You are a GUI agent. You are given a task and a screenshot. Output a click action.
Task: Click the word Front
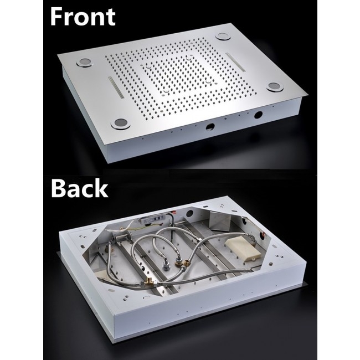83,17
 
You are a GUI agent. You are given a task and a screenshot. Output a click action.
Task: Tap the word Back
79,188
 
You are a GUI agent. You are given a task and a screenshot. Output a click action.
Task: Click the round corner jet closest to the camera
120,124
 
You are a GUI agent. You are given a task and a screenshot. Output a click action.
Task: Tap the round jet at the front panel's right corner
275,87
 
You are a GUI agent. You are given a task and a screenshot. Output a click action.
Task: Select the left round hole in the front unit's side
210,127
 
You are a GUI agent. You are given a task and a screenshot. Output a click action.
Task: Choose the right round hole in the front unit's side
258,115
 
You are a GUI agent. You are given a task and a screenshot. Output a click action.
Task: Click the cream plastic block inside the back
243,250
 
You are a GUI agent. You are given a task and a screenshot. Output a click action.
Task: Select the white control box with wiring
152,220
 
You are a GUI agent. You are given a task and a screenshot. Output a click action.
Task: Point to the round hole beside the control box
189,214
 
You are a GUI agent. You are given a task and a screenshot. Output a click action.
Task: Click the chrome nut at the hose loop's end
165,266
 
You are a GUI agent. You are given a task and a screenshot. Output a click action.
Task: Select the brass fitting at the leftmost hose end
107,249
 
